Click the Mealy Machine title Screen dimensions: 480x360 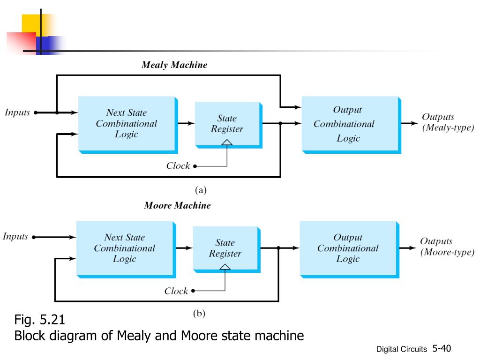[174, 65]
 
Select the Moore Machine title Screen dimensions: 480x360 [177, 205]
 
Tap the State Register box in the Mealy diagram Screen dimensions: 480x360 [229, 125]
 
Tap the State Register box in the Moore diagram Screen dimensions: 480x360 [227, 249]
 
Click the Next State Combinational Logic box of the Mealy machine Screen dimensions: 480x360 [128, 125]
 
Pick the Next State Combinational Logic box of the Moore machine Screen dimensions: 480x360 [126, 249]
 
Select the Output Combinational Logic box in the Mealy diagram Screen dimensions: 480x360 [352, 125]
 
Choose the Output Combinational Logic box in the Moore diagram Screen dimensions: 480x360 [350, 249]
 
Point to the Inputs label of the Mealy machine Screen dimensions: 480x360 [17, 112]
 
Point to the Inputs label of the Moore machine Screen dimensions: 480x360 [15, 237]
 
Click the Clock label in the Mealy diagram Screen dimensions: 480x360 [178, 166]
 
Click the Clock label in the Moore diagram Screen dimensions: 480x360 [176, 291]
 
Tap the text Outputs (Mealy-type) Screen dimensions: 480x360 [448, 122]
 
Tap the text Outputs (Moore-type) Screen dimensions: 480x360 [447, 247]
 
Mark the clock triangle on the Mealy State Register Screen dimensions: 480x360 [227, 142]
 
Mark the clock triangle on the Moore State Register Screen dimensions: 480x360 [225, 267]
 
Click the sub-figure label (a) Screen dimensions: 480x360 [201, 190]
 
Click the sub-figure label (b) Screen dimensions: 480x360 [199, 314]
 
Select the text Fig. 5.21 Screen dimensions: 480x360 [39, 320]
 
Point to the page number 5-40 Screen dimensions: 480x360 [442, 348]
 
